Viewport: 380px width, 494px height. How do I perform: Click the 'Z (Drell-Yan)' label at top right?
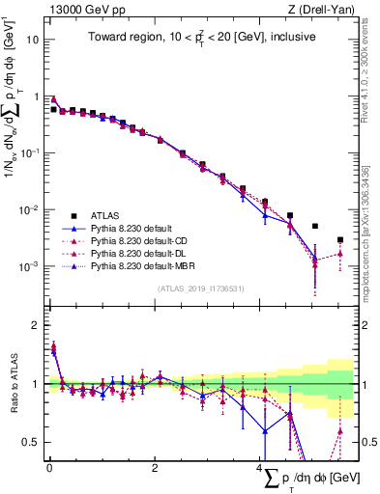tap(316, 10)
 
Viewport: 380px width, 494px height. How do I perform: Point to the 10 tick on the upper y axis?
tap(34, 41)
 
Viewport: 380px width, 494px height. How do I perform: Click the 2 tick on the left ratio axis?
tap(36, 325)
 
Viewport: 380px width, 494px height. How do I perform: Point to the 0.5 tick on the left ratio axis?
tap(32, 443)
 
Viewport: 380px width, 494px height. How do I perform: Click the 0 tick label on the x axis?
tap(49, 467)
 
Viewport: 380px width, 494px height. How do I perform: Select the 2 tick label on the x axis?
tap(155, 467)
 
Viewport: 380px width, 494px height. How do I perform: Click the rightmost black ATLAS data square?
tap(340, 239)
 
